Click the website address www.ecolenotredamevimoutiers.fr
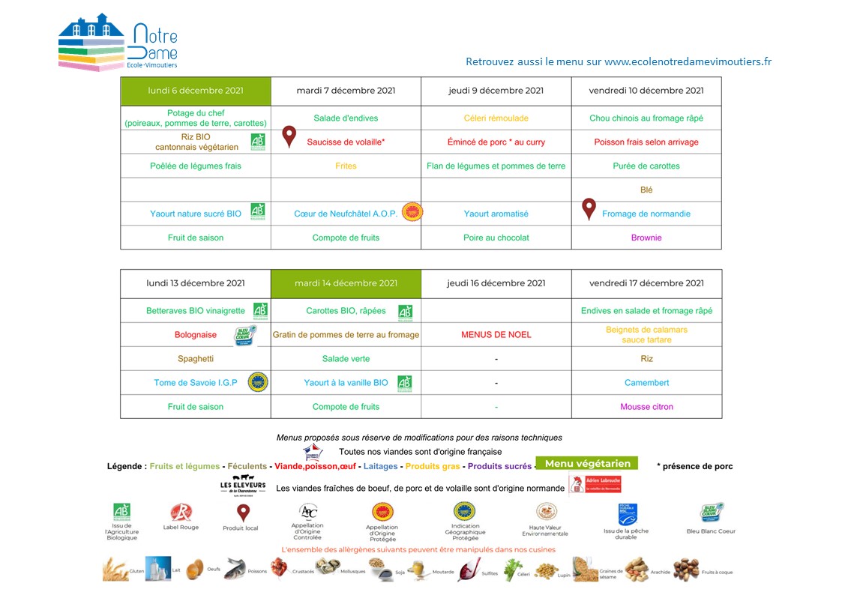click(688, 61)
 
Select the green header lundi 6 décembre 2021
click(196, 91)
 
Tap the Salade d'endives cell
click(346, 118)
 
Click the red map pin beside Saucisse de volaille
click(289, 136)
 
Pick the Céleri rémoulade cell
click(496, 118)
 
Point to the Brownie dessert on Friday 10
click(646, 238)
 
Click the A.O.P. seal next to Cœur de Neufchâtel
click(412, 213)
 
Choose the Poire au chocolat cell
click(496, 238)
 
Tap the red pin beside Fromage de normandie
click(589, 208)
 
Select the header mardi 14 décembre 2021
click(346, 283)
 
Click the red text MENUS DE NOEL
click(496, 335)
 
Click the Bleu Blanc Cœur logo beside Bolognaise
click(246, 334)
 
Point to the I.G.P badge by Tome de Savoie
click(258, 382)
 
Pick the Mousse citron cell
click(646, 407)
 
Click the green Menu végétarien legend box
click(587, 464)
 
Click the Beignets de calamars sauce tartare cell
click(646, 335)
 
